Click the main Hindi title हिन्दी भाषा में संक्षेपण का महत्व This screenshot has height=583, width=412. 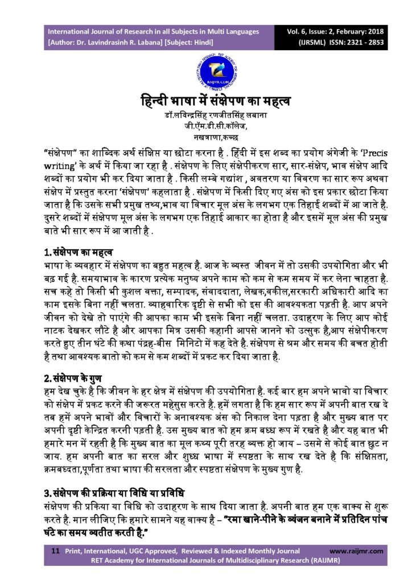click(x=205, y=102)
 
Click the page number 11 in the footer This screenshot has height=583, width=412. click(x=56, y=552)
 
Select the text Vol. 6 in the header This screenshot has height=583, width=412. click(x=299, y=31)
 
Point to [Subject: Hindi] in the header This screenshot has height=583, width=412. click(x=195, y=42)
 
